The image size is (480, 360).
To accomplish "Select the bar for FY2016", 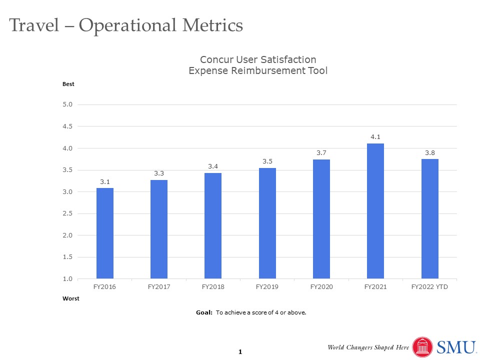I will coord(104,233).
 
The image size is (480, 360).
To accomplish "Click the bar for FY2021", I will coord(375,210).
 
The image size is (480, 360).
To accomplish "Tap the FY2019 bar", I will coord(267,223).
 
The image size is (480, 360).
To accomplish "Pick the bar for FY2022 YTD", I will coord(429,218).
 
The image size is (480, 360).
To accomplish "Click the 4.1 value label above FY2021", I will coord(375,136).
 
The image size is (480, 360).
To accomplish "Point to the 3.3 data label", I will coord(159,173).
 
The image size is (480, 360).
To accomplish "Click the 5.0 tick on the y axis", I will coord(68,105).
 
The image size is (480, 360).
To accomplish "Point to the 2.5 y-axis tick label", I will coord(68,214).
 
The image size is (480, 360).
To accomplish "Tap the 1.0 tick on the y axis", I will coord(68,279).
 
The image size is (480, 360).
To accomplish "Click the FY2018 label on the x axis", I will coord(213,287).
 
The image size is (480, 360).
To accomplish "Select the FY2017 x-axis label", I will coord(159,287).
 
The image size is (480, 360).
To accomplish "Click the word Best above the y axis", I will coord(68,84).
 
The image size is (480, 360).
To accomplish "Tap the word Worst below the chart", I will coord(70,298).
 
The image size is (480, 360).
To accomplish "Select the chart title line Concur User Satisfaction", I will coord(258,60).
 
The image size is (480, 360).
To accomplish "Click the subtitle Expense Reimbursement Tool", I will coord(258,71).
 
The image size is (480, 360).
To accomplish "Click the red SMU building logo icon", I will coord(422,347).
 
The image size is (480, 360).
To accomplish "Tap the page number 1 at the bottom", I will coord(240,352).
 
